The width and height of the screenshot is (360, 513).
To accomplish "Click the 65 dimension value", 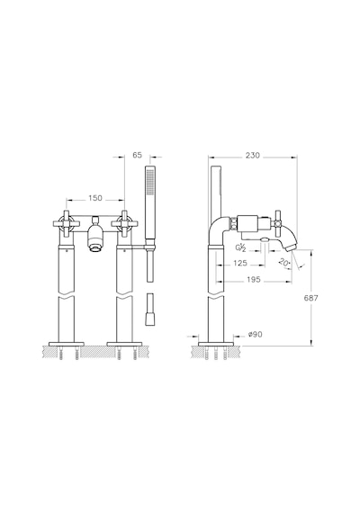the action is click(138, 155).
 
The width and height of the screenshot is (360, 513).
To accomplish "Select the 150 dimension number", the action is click(94, 198).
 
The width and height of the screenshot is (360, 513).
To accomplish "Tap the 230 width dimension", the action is click(252, 155).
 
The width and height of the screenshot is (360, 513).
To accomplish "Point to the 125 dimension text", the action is click(240, 263).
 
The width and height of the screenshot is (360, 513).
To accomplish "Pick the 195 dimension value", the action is click(254, 279).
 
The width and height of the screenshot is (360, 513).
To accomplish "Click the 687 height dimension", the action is click(310, 298).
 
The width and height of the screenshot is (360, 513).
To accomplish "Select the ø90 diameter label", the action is click(256, 335).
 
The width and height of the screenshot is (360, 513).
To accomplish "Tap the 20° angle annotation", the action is click(284, 262).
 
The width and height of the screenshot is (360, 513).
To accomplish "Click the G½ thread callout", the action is click(240, 247).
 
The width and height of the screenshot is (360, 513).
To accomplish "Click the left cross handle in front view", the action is click(67, 223).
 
